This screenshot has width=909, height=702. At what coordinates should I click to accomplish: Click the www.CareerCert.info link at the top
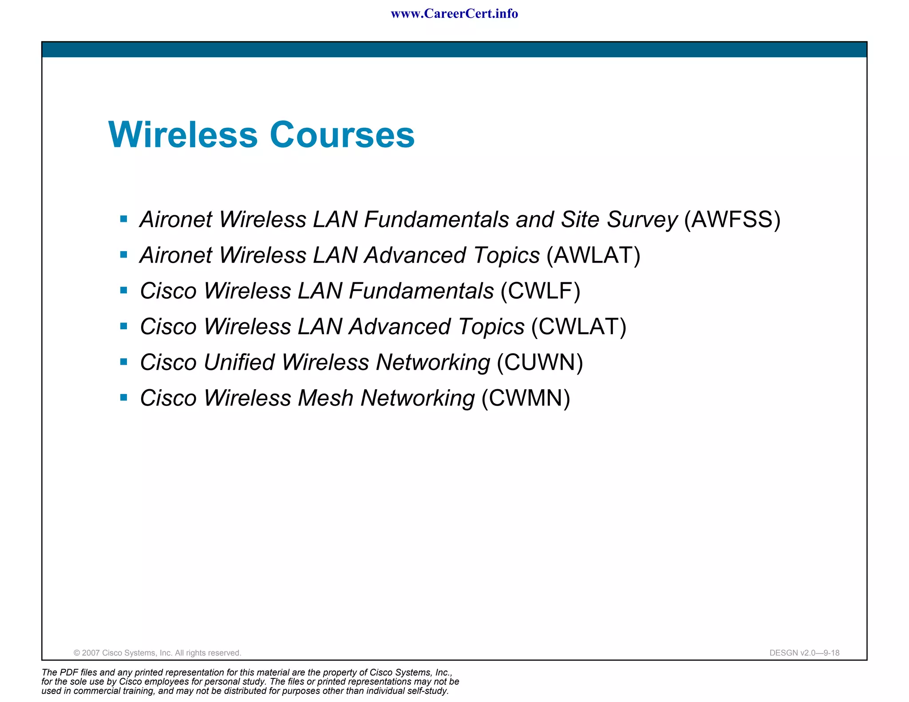(x=454, y=14)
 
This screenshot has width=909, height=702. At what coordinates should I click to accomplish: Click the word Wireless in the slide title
(x=183, y=134)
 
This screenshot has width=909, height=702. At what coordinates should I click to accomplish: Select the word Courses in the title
(x=342, y=134)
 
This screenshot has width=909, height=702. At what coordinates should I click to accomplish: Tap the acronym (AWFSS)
(x=732, y=219)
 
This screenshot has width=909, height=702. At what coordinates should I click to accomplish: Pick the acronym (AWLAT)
(x=593, y=255)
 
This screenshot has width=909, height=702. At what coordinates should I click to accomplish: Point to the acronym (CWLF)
(x=540, y=291)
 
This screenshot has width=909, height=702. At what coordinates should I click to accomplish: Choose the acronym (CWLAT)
(x=579, y=327)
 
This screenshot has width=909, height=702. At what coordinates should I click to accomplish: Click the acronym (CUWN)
(x=540, y=362)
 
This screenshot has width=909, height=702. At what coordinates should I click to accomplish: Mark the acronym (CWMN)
(x=526, y=398)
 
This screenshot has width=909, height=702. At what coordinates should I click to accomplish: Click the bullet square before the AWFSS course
(x=124, y=219)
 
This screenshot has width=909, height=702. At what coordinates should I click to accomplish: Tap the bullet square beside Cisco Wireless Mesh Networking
(x=124, y=398)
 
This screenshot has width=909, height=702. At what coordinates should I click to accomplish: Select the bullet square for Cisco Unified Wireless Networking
(x=124, y=362)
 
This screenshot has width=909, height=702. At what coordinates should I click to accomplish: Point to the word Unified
(x=239, y=362)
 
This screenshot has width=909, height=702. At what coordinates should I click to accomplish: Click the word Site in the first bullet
(x=580, y=219)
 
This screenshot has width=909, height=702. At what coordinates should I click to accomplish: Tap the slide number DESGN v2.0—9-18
(x=804, y=653)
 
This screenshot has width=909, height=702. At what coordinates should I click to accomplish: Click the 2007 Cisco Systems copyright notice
(x=158, y=653)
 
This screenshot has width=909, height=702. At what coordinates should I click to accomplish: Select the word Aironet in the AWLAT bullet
(x=176, y=255)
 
